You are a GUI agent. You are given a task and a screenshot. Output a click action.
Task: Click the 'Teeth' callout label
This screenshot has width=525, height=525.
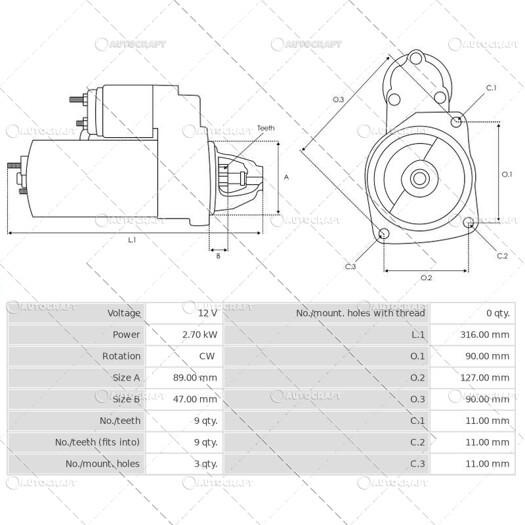266,128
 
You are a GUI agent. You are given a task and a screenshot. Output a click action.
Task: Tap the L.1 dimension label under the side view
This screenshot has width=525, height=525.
132,240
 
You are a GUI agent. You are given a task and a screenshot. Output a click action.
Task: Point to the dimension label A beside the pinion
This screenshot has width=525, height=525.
285,177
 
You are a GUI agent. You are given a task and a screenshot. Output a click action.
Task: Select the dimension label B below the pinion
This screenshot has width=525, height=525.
218,256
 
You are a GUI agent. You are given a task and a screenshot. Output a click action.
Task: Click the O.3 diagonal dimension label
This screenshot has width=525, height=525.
339,100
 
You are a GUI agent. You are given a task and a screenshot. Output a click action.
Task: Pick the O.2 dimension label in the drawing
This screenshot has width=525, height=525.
426,278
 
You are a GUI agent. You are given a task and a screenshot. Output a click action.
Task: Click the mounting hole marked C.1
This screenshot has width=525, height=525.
457,121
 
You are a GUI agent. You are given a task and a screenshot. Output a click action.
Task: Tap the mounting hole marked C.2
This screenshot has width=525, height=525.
469,224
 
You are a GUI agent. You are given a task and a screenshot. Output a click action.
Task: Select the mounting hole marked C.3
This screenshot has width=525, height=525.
384,235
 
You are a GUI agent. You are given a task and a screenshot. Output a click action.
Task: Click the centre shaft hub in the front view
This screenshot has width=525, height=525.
419,178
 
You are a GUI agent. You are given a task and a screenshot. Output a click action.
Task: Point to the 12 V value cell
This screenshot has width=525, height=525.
207,313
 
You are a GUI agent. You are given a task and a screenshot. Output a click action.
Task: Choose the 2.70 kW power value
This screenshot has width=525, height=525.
200,335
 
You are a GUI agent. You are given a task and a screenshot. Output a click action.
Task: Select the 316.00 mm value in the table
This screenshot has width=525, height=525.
484,335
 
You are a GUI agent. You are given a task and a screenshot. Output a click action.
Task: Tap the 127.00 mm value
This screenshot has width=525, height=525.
484,377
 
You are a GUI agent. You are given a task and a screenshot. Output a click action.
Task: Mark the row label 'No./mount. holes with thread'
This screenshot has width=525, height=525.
360,313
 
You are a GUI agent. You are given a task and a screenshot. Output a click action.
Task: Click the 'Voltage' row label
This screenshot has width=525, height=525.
124,313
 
